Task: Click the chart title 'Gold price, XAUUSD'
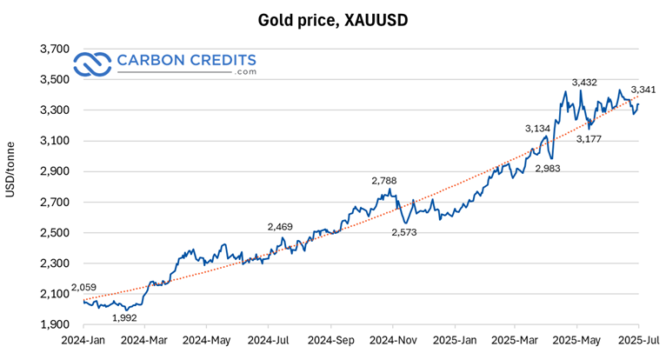point(333,18)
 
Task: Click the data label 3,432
point(585,83)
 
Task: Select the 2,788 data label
point(384,181)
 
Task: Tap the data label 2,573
point(404,233)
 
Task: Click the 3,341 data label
point(643,90)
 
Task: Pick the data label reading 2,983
point(548,168)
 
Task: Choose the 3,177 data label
point(591,138)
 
